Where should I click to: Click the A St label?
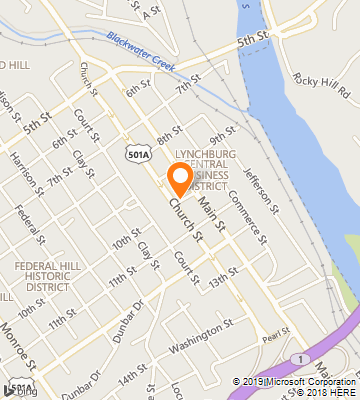(151, 11)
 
